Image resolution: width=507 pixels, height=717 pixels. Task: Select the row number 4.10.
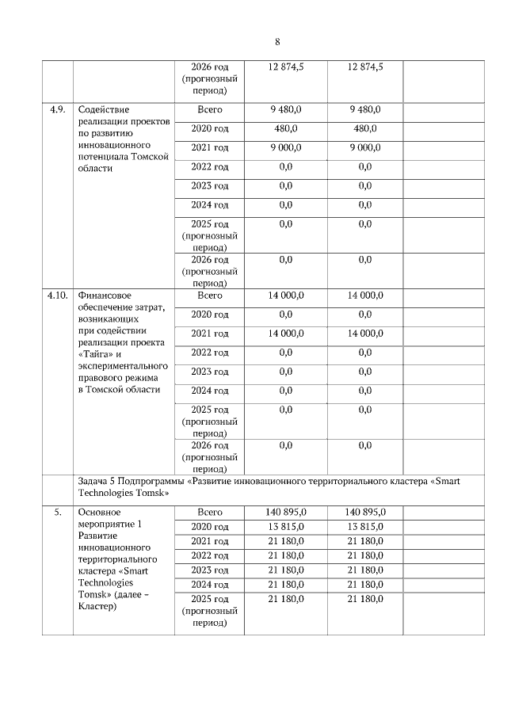pos(57,296)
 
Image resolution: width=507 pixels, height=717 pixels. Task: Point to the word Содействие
pos(104,109)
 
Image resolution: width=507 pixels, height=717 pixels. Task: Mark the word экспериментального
pos(123,365)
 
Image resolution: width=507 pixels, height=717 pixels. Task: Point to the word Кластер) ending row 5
pos(98,607)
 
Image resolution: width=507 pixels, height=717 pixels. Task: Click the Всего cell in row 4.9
pos(209,109)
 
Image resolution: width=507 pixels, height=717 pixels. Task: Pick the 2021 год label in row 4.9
pos(209,147)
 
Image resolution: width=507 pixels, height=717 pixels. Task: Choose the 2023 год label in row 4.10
pos(209,372)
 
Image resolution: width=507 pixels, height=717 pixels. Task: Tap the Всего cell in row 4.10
pos(209,296)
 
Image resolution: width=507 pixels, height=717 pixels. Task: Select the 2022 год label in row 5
pos(209,555)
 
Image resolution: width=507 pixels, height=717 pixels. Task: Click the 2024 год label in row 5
pos(209,584)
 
